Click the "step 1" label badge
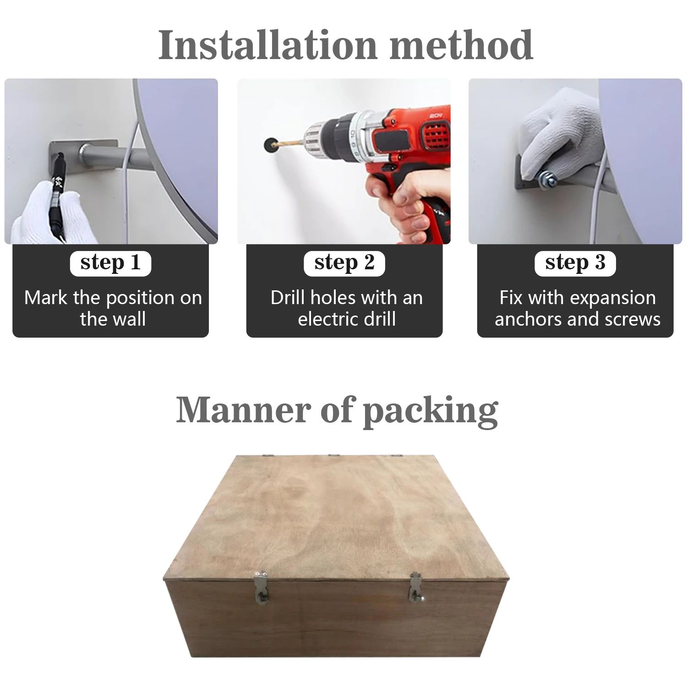[110, 263]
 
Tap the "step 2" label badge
[344, 263]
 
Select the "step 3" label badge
[575, 263]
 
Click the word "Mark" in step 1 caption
[45, 298]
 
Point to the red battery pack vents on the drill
[433, 135]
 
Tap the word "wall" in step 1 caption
[129, 319]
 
